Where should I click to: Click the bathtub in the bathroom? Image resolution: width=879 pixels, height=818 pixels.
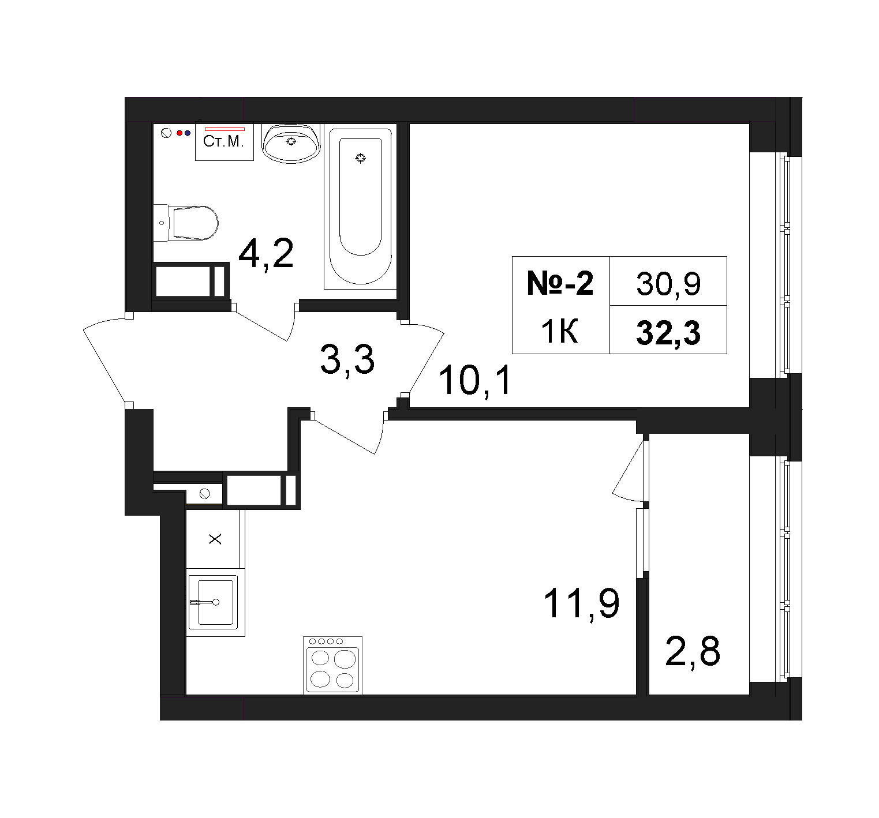360,207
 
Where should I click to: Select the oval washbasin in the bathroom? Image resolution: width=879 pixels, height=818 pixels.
291,143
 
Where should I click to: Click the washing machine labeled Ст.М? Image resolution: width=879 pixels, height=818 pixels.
225,142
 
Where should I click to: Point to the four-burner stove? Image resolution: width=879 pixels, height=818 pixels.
333,665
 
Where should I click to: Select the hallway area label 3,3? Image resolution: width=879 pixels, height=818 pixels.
347,361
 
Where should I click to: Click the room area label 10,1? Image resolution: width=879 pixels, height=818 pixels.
475,381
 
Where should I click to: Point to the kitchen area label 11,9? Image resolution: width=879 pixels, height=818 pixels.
582,603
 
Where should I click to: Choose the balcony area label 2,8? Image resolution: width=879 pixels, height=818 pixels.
693,651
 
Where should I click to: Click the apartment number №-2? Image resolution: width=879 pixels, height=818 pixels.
560,284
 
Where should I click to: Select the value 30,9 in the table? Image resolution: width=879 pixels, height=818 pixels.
668,284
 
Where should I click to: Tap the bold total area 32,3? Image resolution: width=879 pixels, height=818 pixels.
668,333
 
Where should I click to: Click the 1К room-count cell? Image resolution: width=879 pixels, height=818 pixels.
559,332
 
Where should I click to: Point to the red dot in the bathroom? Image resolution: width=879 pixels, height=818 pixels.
179,133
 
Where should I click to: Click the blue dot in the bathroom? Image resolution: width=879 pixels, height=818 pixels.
187,133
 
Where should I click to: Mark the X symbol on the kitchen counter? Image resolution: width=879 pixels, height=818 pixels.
215,539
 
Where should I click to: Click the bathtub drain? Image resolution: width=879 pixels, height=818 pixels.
361,157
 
